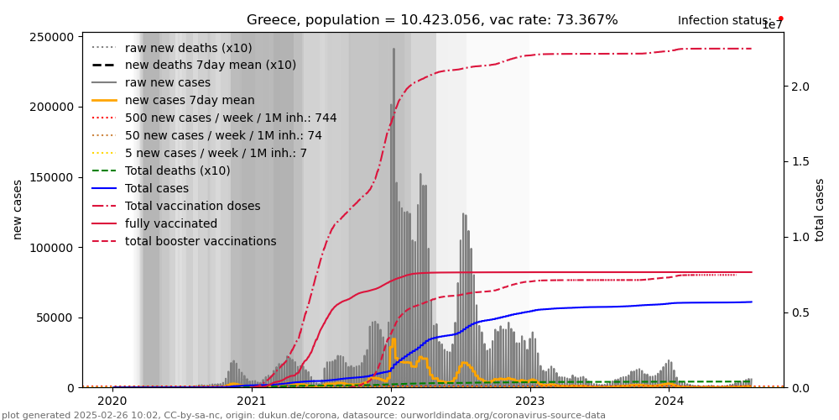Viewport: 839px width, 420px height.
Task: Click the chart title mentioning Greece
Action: (x=432, y=20)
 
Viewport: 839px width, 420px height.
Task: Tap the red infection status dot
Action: (x=780, y=18)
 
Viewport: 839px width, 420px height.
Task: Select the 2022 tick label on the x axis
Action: (x=391, y=401)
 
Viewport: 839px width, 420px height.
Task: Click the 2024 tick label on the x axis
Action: (x=669, y=401)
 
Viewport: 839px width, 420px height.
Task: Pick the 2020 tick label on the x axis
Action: (x=113, y=401)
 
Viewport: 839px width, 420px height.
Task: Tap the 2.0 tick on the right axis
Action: (x=800, y=87)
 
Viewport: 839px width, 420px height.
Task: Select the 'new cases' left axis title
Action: (x=18, y=209)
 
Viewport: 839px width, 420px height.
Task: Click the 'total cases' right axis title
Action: (x=820, y=209)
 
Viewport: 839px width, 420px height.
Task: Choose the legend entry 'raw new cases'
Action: (x=167, y=82)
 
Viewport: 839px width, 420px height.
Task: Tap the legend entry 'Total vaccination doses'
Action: (x=192, y=206)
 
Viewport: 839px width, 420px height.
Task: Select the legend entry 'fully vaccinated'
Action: (x=171, y=223)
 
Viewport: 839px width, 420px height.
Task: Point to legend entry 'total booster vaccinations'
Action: (x=201, y=241)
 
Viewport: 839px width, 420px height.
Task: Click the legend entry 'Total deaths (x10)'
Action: (x=177, y=171)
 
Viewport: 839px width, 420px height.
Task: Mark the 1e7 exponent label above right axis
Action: (x=772, y=25)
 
